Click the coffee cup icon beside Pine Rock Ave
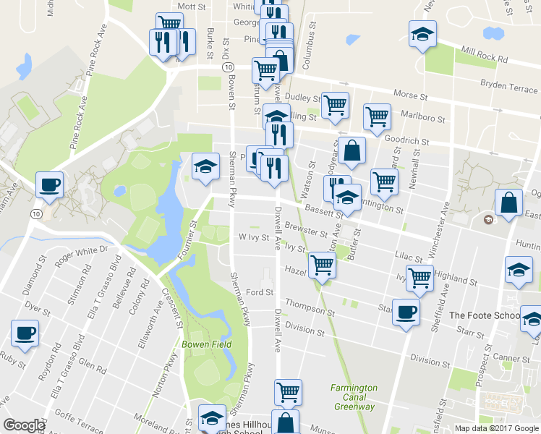pyautogui.click(x=49, y=184)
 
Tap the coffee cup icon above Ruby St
pyautogui.click(x=25, y=334)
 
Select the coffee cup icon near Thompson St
pyautogui.click(x=405, y=312)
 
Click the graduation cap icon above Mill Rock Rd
pyautogui.click(x=422, y=33)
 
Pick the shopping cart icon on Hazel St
pyautogui.click(x=322, y=265)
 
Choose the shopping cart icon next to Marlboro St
pyautogui.click(x=377, y=116)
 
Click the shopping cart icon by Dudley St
pyautogui.click(x=335, y=105)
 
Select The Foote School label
pyautogui.click(x=484, y=315)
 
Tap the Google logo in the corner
pyautogui.click(x=25, y=425)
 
